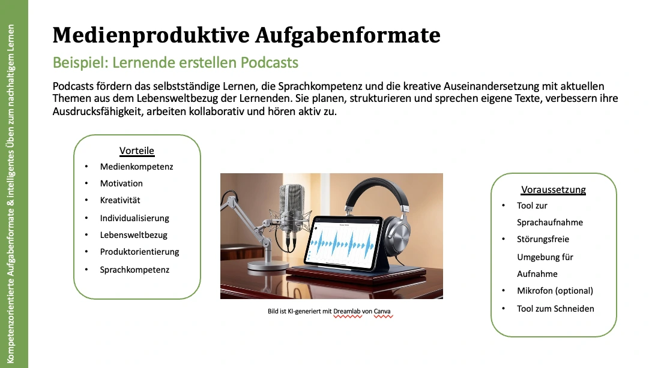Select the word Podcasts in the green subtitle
[x=270, y=63]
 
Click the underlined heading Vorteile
[x=137, y=150]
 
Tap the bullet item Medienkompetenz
[x=136, y=167]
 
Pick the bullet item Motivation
[x=121, y=183]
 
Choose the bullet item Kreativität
[x=119, y=200]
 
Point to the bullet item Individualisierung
[x=134, y=218]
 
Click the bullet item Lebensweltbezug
[x=133, y=235]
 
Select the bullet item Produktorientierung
[x=139, y=252]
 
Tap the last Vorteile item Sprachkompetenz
[x=134, y=270]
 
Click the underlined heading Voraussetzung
[x=554, y=189]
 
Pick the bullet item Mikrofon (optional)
[x=555, y=291]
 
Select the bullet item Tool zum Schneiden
[x=555, y=309]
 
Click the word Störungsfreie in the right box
[x=543, y=239]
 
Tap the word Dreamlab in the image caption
[x=347, y=311]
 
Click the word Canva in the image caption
[x=382, y=311]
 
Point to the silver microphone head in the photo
[x=291, y=206]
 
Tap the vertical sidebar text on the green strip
[x=10, y=194]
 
